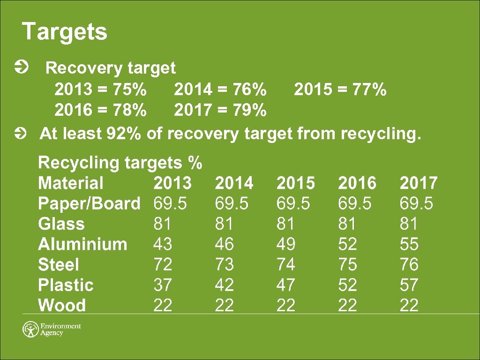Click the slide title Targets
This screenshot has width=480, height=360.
(x=65, y=32)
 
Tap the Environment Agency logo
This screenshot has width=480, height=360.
(x=52, y=329)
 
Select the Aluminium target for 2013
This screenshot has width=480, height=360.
(x=163, y=244)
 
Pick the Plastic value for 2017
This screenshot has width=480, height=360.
(x=409, y=285)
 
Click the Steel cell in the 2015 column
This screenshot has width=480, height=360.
(x=285, y=265)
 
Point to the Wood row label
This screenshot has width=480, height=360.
(x=62, y=306)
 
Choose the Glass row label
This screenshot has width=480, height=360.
(x=61, y=224)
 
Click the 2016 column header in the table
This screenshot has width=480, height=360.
(x=357, y=183)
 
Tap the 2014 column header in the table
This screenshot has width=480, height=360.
(x=234, y=183)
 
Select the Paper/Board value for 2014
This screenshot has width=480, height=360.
(x=232, y=203)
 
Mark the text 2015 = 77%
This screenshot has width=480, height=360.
(x=340, y=89)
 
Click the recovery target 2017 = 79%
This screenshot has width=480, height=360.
(x=220, y=111)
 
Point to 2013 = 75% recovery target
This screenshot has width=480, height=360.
(x=100, y=89)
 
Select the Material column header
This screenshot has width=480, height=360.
(x=70, y=183)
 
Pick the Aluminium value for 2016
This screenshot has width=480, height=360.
(x=347, y=244)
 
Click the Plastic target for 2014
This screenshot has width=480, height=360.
(x=224, y=285)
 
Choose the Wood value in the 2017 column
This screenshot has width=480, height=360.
(x=409, y=306)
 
